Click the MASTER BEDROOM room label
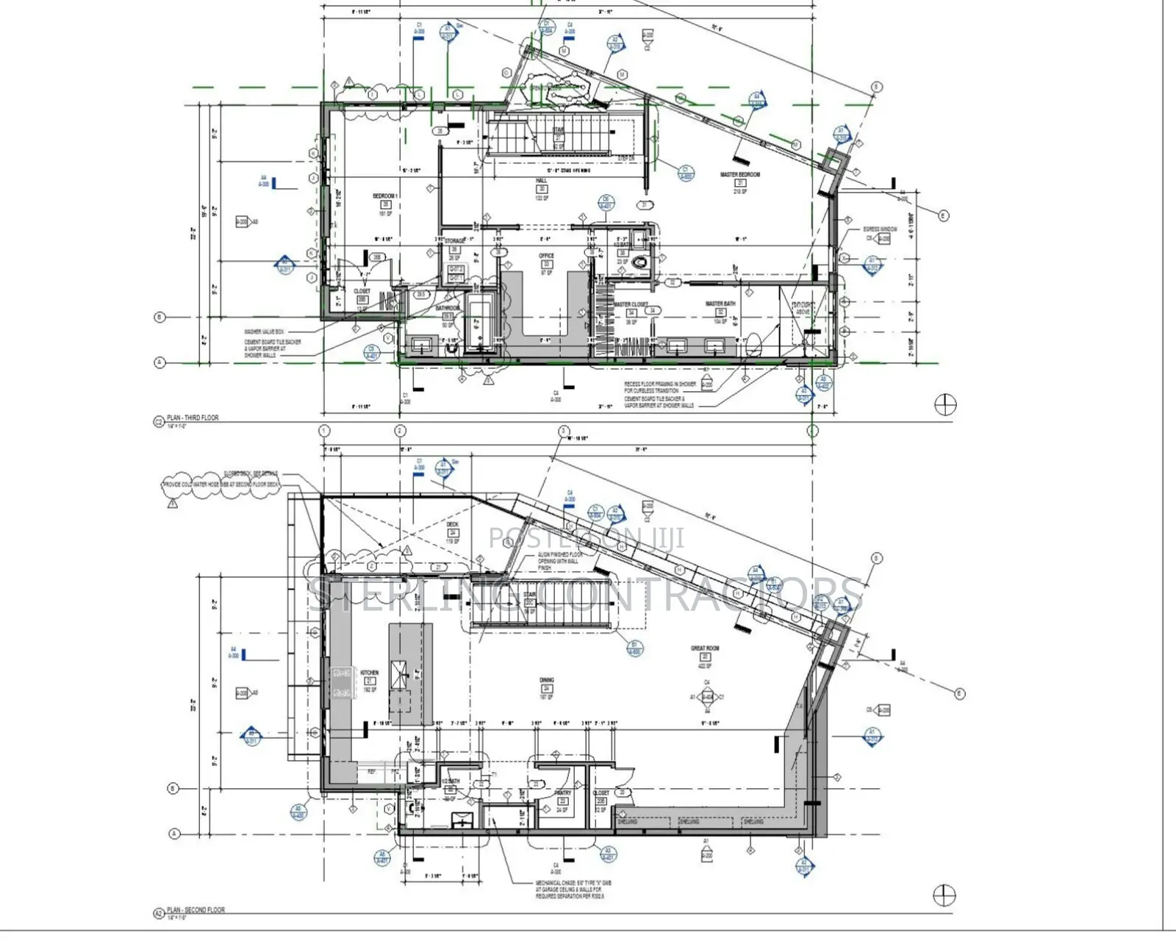pyautogui.click(x=739, y=175)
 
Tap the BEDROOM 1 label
pyautogui.click(x=384, y=196)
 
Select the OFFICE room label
pyautogui.click(x=546, y=256)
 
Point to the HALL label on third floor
pyautogui.click(x=542, y=181)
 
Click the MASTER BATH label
pyautogui.click(x=720, y=304)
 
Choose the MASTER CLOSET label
pyautogui.click(x=631, y=304)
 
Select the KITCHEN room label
pyautogui.click(x=370, y=673)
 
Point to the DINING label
pyautogui.click(x=546, y=681)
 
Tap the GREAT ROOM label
pyautogui.click(x=704, y=648)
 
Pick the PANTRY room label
pyautogui.click(x=563, y=793)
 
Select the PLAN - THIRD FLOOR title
pyautogui.click(x=193, y=418)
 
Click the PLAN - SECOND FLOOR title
pyautogui.click(x=196, y=910)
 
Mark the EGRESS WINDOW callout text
pyautogui.click(x=880, y=229)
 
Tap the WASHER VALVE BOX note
pyautogui.click(x=264, y=332)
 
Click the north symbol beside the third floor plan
pyautogui.click(x=944, y=404)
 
